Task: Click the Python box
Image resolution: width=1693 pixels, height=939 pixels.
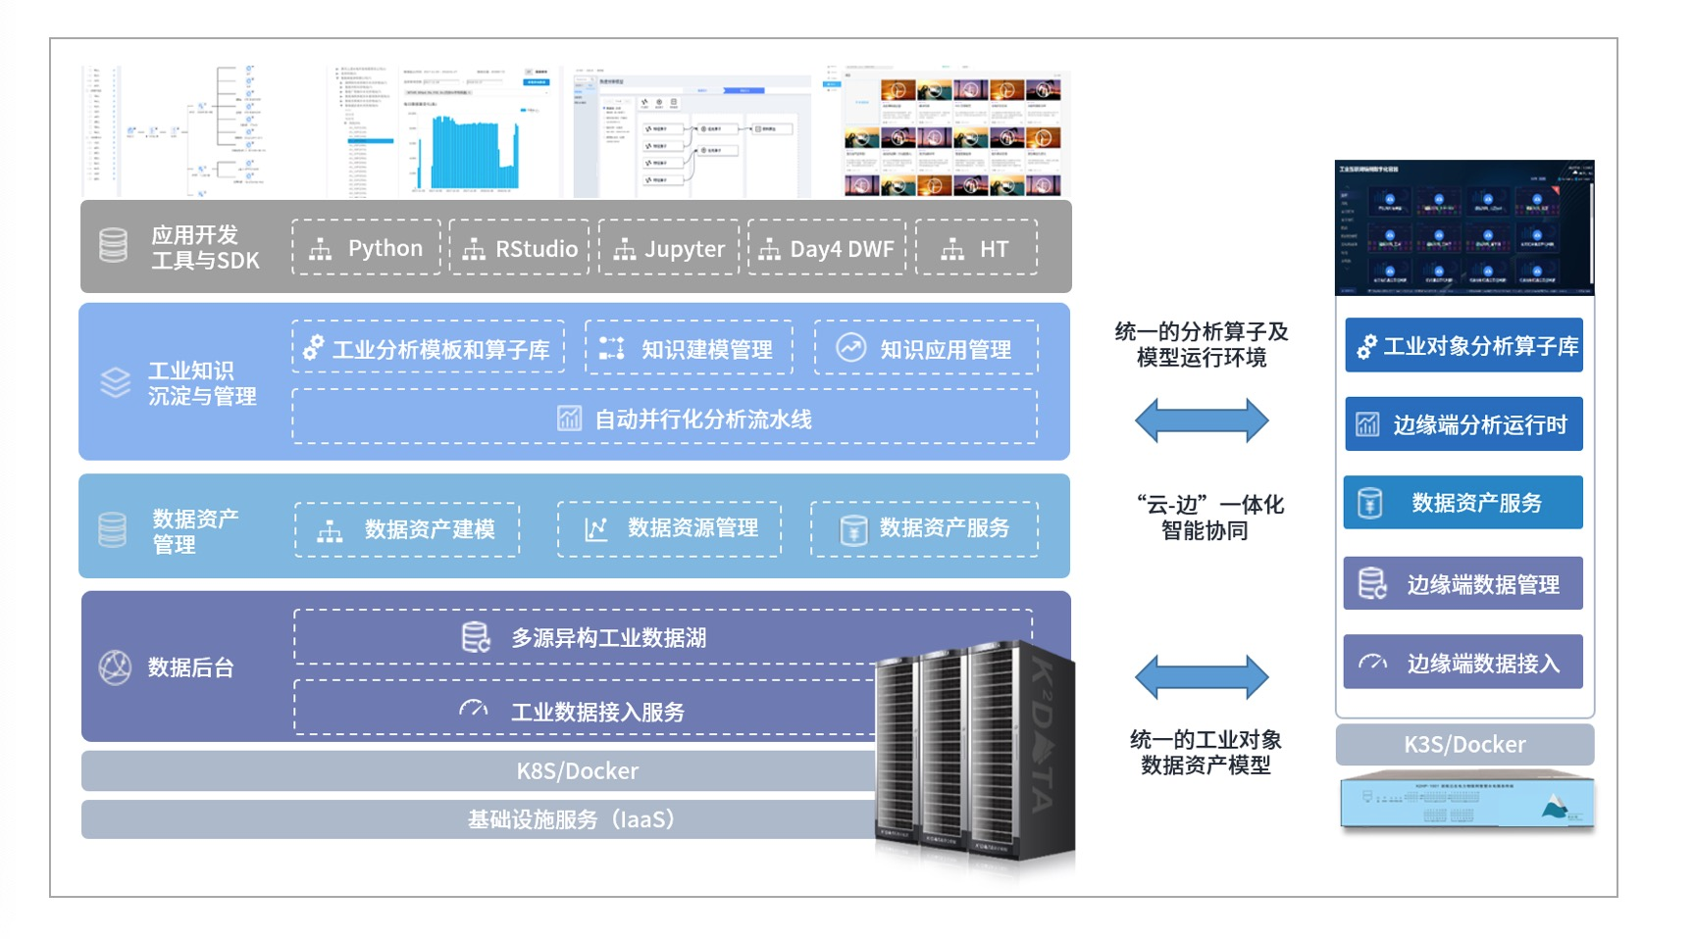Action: [367, 248]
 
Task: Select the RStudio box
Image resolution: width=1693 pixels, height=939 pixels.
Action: [520, 248]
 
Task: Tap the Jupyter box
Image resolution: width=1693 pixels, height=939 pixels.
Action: [669, 248]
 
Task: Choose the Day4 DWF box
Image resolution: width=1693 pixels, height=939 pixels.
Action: [827, 248]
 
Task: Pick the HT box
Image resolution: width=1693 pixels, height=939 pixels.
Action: [976, 248]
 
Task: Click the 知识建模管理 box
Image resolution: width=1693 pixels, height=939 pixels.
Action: [689, 348]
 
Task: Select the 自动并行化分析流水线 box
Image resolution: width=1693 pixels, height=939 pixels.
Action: [664, 419]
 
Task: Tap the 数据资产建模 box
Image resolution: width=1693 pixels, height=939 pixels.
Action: [407, 529]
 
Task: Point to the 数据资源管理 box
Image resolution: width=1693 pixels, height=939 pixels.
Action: [670, 528]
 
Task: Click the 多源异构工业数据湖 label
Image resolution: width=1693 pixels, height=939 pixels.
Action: [608, 638]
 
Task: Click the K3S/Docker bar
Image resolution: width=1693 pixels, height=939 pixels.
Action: [1464, 745]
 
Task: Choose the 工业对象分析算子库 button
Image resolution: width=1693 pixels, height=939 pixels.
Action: [1464, 346]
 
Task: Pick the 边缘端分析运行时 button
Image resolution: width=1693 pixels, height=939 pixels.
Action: [1464, 424]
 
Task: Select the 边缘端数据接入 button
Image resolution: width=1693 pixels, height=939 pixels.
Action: [1464, 663]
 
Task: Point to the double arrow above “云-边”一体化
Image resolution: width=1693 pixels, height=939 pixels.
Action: [1202, 421]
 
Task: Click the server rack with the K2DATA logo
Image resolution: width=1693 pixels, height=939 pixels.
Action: [976, 755]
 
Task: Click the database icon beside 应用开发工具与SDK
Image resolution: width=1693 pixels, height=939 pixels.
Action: [114, 245]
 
